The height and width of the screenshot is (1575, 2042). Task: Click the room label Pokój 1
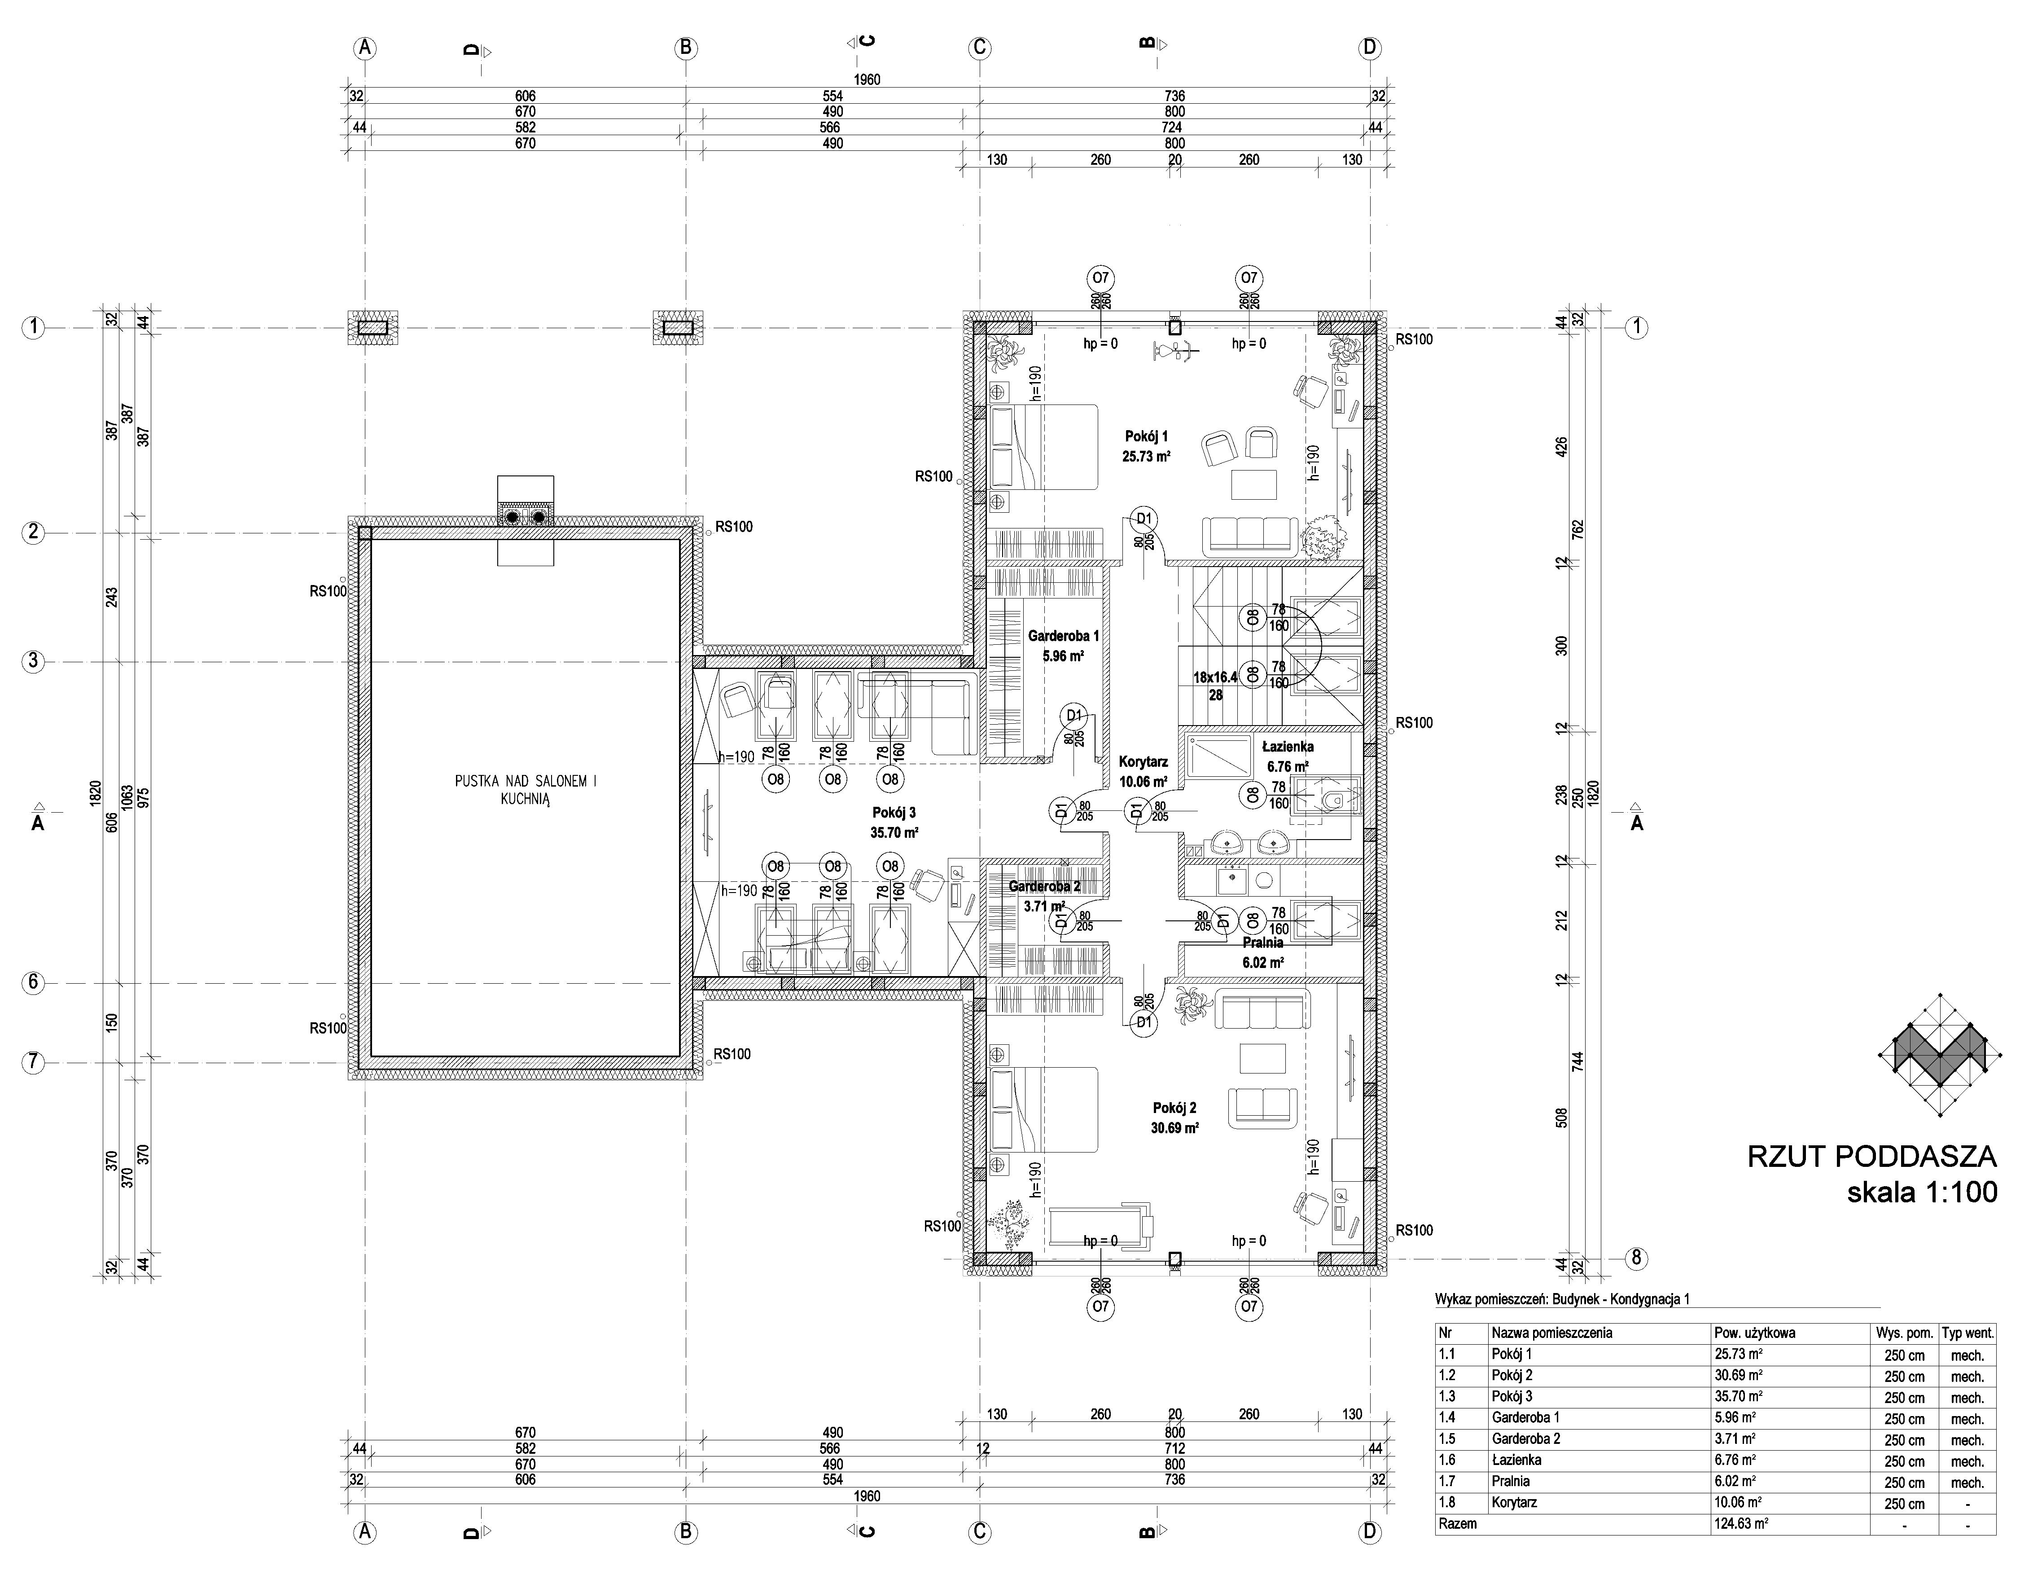click(x=1146, y=436)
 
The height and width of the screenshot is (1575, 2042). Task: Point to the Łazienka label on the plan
click(x=1288, y=746)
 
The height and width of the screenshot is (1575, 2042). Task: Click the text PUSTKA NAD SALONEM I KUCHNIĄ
click(x=526, y=790)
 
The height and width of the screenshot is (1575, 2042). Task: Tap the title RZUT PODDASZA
click(x=1872, y=1157)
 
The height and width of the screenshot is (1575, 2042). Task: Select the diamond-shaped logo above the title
click(x=1940, y=1054)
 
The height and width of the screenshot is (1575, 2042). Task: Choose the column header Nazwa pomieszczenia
click(x=1552, y=1333)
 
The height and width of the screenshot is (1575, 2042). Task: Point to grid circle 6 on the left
click(x=33, y=983)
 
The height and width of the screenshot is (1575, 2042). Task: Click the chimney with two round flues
click(x=526, y=515)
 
